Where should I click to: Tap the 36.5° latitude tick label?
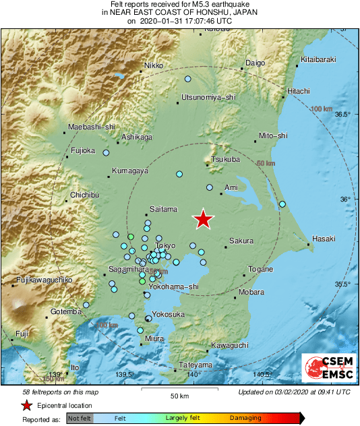[x=344, y=115]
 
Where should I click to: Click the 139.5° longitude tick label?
[x=125, y=375]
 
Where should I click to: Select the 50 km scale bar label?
[x=179, y=396]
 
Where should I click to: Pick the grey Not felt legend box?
[x=80, y=419]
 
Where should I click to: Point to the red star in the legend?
[x=26, y=405]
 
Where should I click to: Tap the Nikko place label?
[x=154, y=66]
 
